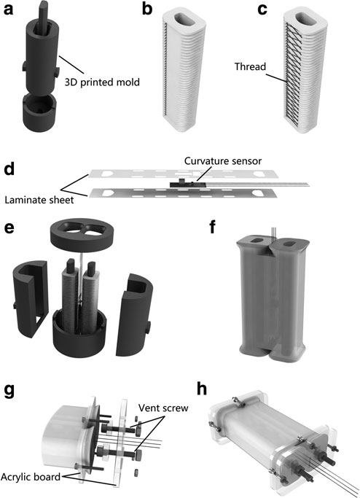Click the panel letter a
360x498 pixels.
point(8,10)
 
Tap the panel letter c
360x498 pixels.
point(262,10)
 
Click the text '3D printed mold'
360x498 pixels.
point(102,82)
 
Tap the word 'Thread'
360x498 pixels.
point(250,66)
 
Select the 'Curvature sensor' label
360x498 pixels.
point(223,160)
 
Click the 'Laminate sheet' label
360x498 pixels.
point(39,200)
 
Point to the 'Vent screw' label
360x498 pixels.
point(163,408)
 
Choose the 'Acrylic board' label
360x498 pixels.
point(31,477)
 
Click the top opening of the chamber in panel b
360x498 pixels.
point(184,20)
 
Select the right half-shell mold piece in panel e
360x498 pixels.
point(134,314)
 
